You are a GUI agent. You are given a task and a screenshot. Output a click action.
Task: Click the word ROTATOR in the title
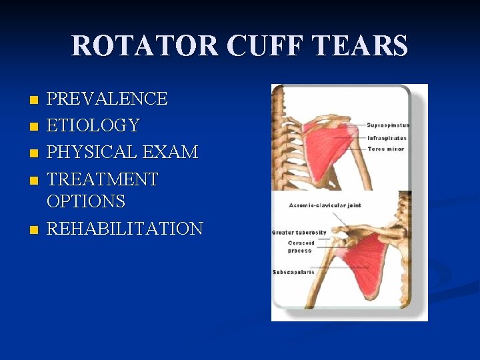point(144,46)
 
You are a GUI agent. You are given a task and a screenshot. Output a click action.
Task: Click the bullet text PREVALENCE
point(107,99)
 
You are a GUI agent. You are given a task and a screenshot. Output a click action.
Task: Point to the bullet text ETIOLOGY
point(93,125)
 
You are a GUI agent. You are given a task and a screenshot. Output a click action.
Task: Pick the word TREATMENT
point(103,179)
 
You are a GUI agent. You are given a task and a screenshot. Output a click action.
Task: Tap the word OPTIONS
point(86,201)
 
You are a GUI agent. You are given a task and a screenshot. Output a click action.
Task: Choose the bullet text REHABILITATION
point(125,229)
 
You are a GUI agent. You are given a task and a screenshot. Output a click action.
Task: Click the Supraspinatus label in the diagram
point(388,125)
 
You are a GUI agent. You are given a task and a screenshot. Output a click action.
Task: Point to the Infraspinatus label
point(387,138)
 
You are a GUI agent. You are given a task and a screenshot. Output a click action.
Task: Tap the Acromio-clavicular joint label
point(325,205)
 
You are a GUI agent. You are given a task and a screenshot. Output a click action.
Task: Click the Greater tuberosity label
point(299,232)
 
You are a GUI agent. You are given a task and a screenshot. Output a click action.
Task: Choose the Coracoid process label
point(301,247)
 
